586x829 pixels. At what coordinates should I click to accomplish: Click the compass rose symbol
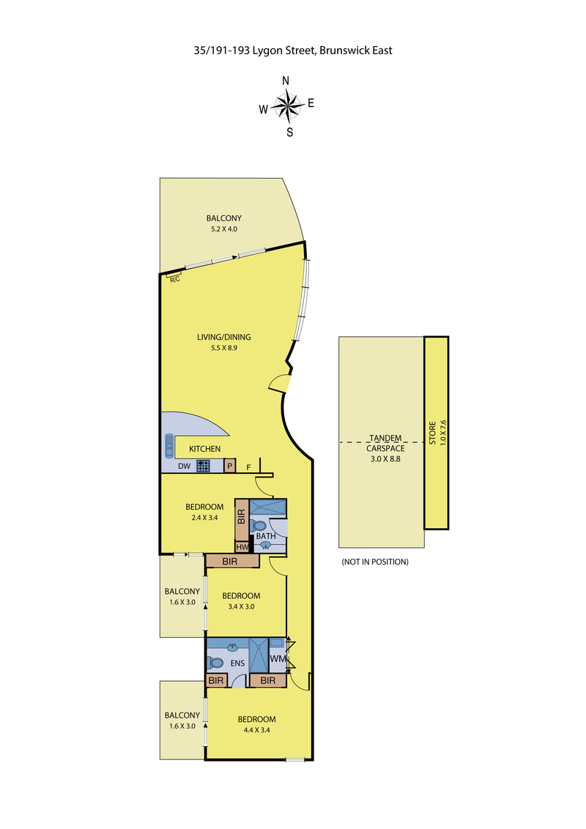click(x=286, y=105)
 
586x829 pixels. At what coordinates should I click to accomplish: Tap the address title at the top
click(x=293, y=51)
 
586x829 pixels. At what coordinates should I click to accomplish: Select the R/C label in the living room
click(x=175, y=279)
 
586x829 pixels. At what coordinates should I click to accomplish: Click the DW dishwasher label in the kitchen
click(x=184, y=466)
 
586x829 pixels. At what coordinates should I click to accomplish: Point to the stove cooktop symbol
click(x=203, y=466)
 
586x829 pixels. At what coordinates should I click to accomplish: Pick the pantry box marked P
click(x=229, y=466)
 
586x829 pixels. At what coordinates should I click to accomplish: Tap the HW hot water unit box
click(x=242, y=547)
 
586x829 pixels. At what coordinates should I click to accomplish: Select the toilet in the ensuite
click(x=215, y=663)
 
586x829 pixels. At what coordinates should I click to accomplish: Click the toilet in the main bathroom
click(x=259, y=526)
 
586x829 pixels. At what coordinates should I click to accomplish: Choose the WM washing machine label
click(x=278, y=659)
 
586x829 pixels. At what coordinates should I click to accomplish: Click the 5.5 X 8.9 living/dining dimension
click(x=223, y=348)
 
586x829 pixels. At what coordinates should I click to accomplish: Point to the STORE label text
click(x=432, y=433)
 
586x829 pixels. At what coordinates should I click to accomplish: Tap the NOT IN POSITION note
click(x=375, y=562)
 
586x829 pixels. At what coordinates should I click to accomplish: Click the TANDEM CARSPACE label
click(x=385, y=443)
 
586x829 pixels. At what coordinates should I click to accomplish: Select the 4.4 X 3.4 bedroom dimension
click(x=256, y=730)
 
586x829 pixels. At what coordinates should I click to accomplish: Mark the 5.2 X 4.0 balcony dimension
click(x=223, y=229)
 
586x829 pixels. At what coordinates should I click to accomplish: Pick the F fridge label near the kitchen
click(x=248, y=467)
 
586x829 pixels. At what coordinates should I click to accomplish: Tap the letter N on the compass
click(x=286, y=81)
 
